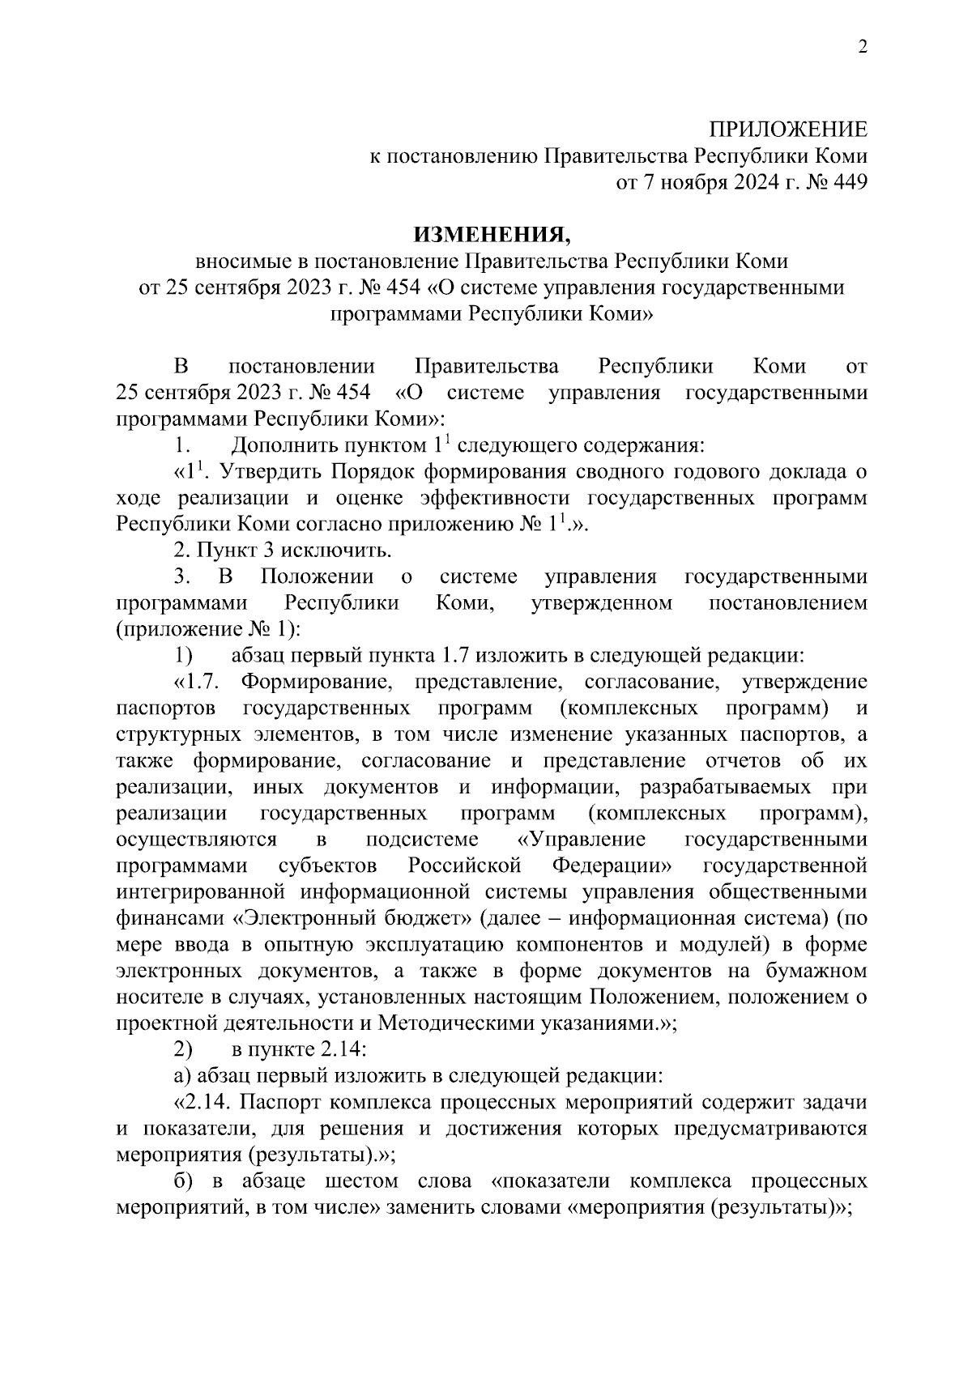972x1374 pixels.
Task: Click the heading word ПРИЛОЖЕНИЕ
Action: pyautogui.click(x=787, y=130)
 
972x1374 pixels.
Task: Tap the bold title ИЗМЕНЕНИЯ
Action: pyautogui.click(x=492, y=235)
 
